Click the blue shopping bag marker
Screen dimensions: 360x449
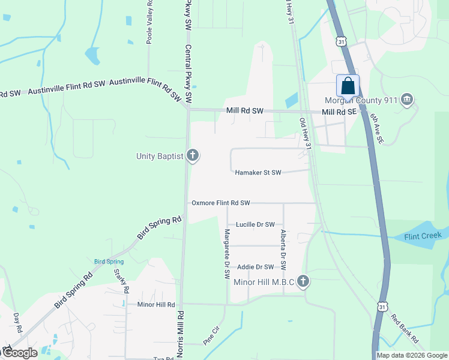[348, 86]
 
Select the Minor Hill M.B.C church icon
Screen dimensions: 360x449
[304, 281]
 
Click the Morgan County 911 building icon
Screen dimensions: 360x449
[407, 99]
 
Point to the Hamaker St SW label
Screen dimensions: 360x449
[258, 173]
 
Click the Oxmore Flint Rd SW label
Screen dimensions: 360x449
[220, 203]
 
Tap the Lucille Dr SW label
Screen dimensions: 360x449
[255, 224]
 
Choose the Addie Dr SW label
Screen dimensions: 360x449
[255, 267]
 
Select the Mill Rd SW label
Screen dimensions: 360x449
[245, 111]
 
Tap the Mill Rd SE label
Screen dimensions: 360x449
[339, 112]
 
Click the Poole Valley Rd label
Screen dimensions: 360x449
[149, 22]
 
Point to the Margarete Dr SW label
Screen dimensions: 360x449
[227, 254]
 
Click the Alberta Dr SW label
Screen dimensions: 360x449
[283, 248]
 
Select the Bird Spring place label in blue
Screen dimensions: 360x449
[109, 262]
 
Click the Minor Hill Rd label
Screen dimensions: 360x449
[155, 305]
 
